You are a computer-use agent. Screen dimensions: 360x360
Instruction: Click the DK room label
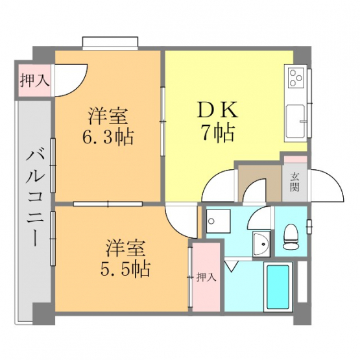point(217,111)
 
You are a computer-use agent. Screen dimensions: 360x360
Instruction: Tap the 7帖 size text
point(218,133)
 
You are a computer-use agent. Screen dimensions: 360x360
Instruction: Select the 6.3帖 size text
point(108,138)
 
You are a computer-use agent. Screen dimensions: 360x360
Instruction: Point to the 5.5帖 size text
point(125,269)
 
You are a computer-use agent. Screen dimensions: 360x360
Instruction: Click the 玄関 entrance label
point(294,182)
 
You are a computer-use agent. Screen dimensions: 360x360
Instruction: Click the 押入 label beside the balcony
point(34,80)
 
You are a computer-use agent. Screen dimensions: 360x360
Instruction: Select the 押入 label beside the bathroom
point(206,278)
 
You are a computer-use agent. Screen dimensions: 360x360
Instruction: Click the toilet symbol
point(291,237)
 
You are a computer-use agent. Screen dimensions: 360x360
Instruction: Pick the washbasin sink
point(261,244)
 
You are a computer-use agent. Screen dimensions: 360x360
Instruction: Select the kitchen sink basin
point(295,121)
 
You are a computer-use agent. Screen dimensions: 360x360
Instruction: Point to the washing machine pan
point(218,221)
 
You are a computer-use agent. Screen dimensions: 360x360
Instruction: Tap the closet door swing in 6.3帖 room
point(71,80)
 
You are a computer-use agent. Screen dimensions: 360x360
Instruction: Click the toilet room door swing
point(259,217)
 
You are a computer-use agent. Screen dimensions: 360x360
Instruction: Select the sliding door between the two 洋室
point(108,204)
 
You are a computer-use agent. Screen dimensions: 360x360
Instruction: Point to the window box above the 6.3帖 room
point(110,43)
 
